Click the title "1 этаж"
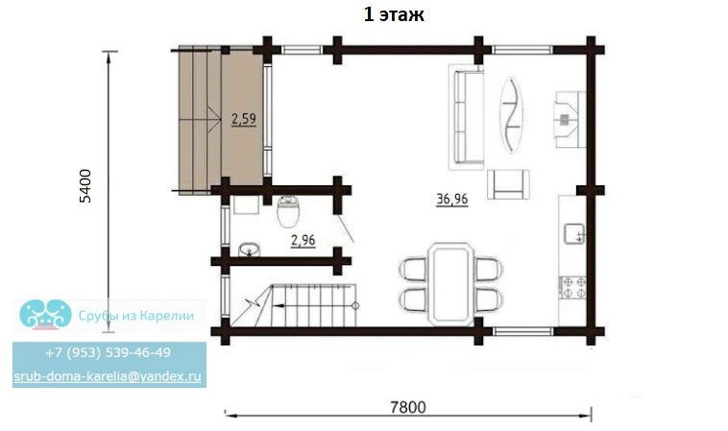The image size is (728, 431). click(x=394, y=14)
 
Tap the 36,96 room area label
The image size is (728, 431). click(x=451, y=199)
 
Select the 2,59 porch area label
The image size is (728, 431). click(x=244, y=119)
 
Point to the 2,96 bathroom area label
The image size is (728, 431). click(x=303, y=240)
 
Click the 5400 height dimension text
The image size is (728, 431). click(x=85, y=186)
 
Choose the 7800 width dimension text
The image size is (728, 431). click(x=407, y=407)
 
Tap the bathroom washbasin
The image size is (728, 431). click(x=250, y=250)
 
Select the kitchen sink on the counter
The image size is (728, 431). click(x=574, y=233)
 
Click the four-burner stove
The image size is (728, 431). click(x=572, y=287)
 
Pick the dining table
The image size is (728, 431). click(x=451, y=283)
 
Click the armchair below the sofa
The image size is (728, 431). click(x=508, y=184)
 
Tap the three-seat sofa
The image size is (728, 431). click(x=467, y=116)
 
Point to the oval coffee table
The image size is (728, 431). click(x=511, y=114)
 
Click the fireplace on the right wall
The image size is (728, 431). click(x=570, y=119)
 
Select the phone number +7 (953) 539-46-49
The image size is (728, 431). click(x=109, y=352)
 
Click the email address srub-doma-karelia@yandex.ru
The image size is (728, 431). click(x=108, y=375)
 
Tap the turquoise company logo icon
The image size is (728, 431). click(x=45, y=314)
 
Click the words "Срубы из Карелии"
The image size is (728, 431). click(x=136, y=316)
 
